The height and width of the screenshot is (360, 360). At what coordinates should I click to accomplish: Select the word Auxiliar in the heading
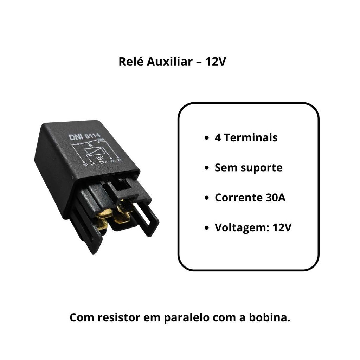tap(168, 62)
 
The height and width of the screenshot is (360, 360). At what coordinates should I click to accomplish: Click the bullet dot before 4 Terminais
tap(207, 138)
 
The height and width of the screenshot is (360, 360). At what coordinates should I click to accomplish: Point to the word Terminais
tap(250, 137)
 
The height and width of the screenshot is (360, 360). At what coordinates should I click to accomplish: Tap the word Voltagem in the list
tap(242, 228)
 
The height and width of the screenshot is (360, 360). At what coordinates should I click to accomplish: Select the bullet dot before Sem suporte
tap(207, 168)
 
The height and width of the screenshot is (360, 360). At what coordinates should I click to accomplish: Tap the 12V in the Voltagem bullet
tap(282, 228)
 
